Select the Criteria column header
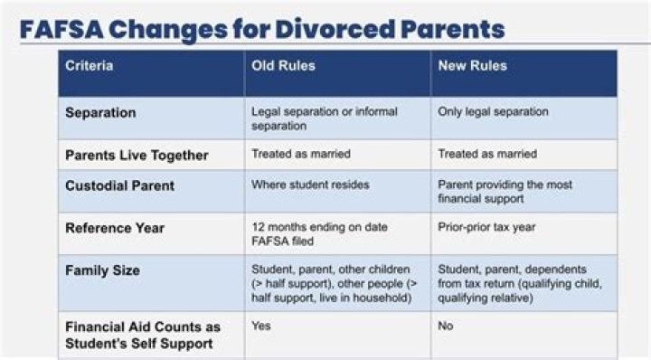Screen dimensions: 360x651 pyautogui.click(x=90, y=66)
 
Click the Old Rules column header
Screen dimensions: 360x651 pyautogui.click(x=282, y=66)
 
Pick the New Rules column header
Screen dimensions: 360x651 pyautogui.click(x=472, y=66)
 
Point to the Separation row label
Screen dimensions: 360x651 pyautogui.click(x=100, y=113)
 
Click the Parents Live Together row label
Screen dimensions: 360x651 pyautogui.click(x=137, y=155)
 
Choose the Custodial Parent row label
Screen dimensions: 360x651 pyautogui.click(x=120, y=185)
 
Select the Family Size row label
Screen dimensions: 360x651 pyautogui.click(x=102, y=270)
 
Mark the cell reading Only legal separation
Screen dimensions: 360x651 pyautogui.click(x=494, y=112)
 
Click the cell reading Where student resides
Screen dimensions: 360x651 pyautogui.click(x=310, y=185)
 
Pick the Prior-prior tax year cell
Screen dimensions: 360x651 pyautogui.click(x=486, y=228)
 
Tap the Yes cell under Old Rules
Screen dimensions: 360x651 pyautogui.click(x=260, y=326)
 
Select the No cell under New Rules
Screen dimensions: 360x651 pyautogui.click(x=446, y=326)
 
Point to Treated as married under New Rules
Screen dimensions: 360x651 pyautogui.click(x=487, y=154)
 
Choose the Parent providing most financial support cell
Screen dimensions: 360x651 pyautogui.click(x=505, y=192)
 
